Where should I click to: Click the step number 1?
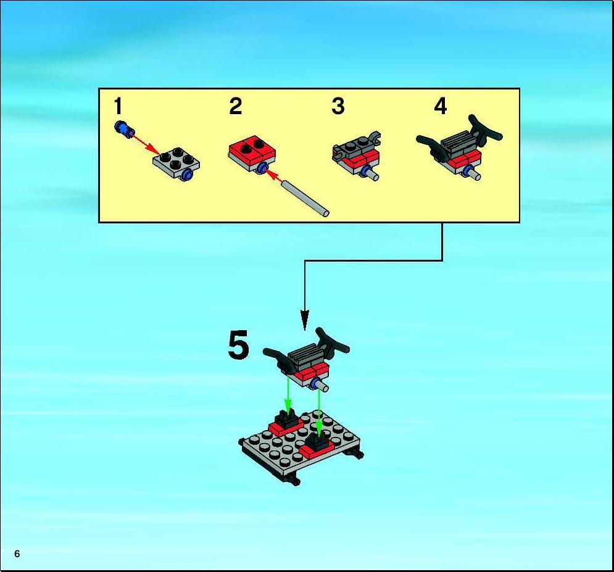tap(118, 106)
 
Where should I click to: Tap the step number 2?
tap(236, 106)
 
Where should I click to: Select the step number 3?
tap(338, 106)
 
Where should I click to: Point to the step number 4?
tap(441, 106)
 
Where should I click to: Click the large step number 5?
tap(238, 344)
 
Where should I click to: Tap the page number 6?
tap(17, 553)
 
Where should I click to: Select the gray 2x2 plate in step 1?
tap(176, 164)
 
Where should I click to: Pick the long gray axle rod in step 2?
tap(306, 197)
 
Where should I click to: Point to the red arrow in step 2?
tap(274, 176)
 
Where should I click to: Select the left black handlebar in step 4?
tap(431, 147)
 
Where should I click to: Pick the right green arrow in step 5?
tap(320, 411)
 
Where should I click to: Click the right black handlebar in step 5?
tap(332, 343)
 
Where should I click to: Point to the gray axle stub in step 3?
tap(373, 175)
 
